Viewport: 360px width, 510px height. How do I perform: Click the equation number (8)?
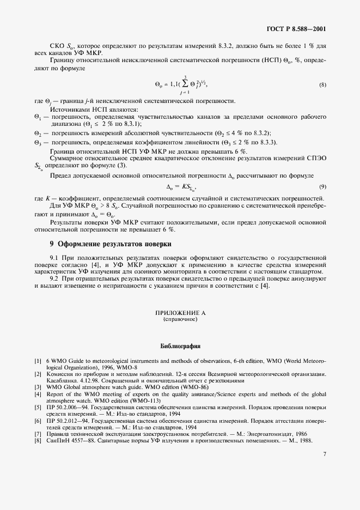click(x=322, y=84)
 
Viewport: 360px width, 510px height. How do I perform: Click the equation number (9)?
click(x=322, y=187)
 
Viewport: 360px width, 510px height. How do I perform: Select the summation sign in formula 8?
click(x=170, y=85)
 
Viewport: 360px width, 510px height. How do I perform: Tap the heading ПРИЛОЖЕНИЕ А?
click(x=180, y=313)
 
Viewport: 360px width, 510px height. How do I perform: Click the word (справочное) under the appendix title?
click(x=180, y=320)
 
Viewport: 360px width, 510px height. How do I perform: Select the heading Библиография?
click(x=180, y=345)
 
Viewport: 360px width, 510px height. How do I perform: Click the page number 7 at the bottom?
click(x=324, y=484)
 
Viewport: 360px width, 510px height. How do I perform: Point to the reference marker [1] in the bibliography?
click(x=38, y=361)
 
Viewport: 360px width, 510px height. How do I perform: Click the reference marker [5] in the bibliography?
click(x=38, y=406)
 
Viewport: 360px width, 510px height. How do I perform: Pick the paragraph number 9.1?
click(x=54, y=257)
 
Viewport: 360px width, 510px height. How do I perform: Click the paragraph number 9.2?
click(x=54, y=278)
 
